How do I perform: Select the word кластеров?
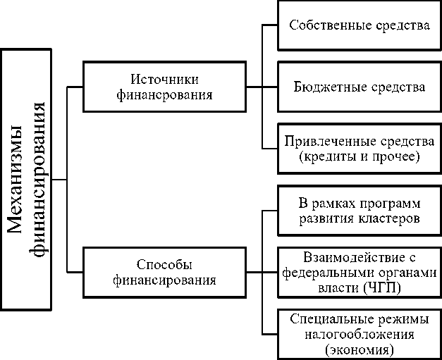pyautogui.click(x=388, y=218)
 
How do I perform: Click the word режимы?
pyautogui.click(x=393, y=318)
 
